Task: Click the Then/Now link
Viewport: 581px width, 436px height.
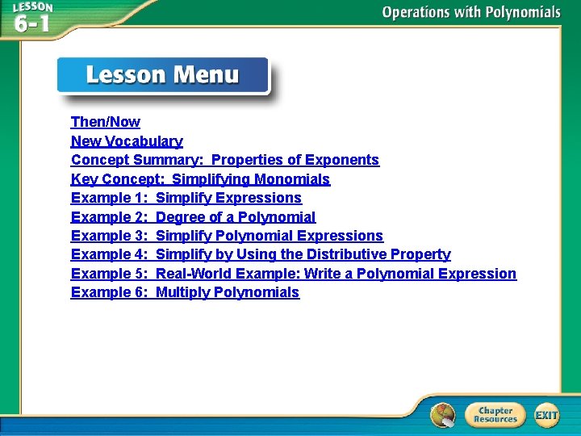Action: pos(105,122)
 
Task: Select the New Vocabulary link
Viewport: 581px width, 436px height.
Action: pos(127,141)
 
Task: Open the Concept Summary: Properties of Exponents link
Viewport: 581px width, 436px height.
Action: pos(224,160)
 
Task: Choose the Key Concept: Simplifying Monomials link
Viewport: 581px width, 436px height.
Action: pos(200,179)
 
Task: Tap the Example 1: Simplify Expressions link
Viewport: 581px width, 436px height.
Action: pos(186,198)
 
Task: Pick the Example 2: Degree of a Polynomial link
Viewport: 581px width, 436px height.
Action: pos(193,217)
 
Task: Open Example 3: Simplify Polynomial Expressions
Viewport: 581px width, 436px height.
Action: pos(227,236)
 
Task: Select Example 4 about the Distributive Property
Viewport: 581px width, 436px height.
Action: pos(261,254)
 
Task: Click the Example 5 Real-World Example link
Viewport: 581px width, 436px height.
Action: pos(293,274)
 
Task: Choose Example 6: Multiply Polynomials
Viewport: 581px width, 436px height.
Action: pos(185,292)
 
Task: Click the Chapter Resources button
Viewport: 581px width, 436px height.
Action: pos(495,415)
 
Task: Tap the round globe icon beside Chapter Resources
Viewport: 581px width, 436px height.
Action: pos(442,415)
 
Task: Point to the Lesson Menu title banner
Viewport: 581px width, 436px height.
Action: pos(162,77)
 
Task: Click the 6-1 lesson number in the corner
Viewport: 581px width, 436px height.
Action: pos(31,23)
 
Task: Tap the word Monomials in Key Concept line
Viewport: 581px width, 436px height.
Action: pos(292,179)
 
